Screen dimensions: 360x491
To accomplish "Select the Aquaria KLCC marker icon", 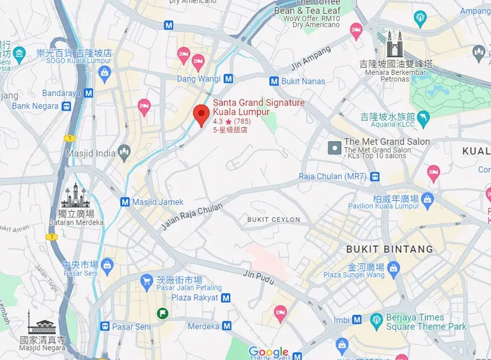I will (x=423, y=117).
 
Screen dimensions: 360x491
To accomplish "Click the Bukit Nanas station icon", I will (x=274, y=81).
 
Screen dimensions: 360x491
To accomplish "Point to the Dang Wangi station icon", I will (x=229, y=78).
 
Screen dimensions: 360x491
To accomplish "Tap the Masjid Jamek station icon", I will (x=125, y=202).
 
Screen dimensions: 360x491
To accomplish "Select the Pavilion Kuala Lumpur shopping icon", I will (x=427, y=198).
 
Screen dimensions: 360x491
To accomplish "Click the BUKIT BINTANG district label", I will (x=389, y=249).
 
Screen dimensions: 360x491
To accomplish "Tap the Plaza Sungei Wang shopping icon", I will (x=394, y=267).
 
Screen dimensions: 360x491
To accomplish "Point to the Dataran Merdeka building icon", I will (x=74, y=196).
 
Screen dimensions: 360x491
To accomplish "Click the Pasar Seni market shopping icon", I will (x=107, y=265).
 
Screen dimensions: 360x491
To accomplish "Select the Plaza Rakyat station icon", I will (x=227, y=298).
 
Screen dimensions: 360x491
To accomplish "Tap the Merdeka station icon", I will (x=228, y=326).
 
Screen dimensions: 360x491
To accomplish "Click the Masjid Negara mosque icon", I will (x=42, y=325).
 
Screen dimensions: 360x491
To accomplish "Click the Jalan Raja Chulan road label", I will (x=191, y=217).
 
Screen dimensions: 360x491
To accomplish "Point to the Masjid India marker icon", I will (x=124, y=154).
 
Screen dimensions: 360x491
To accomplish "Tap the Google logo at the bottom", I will (x=269, y=352).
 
